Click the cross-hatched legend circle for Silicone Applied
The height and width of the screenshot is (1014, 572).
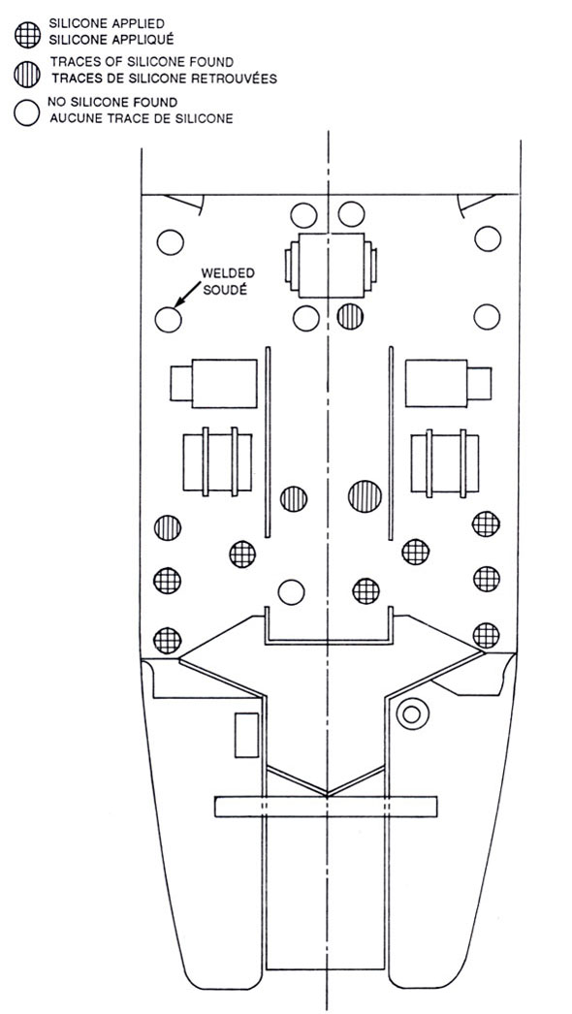point(28,34)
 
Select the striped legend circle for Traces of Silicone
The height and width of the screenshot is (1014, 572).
point(26,76)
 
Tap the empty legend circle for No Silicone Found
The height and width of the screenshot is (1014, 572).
point(26,112)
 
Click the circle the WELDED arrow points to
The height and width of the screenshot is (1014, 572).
point(169,320)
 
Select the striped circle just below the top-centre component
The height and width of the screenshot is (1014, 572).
point(350,317)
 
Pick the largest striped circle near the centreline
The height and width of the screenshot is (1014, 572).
point(365,496)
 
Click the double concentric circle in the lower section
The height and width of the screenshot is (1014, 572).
point(412,713)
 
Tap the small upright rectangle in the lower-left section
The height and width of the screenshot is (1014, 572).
point(246,735)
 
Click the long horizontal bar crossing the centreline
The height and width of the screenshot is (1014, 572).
point(326,807)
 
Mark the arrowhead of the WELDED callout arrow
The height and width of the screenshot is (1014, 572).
point(177,303)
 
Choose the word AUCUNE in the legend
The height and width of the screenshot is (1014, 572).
point(72,119)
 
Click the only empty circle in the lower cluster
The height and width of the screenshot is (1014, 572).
point(291,591)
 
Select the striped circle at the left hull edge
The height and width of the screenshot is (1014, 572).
point(168,528)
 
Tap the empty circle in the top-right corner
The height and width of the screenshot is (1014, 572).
point(488,238)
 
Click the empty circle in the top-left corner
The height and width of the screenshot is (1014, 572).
point(171,242)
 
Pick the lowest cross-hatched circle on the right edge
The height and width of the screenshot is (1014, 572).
point(486,635)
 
